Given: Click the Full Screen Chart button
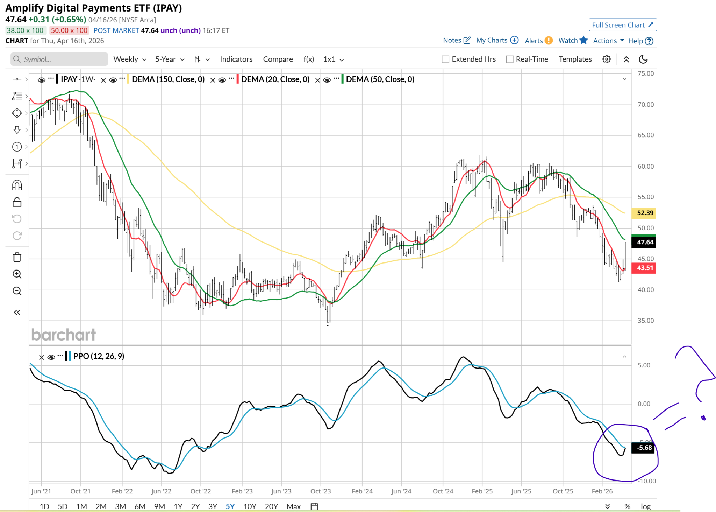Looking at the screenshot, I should tap(622, 25).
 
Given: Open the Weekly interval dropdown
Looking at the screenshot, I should tap(129, 59).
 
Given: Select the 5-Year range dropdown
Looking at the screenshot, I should tap(170, 59).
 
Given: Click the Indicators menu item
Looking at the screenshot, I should tap(236, 59).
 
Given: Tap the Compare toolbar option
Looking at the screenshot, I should tap(278, 59).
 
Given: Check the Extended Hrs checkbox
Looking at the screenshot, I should tap(445, 59).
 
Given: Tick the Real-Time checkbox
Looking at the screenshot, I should tap(510, 59).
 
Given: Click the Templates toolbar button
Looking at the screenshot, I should tap(575, 59).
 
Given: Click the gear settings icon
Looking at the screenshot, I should tap(607, 59).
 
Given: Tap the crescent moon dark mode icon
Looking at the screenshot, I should tap(643, 59).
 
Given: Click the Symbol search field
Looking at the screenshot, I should tap(59, 59).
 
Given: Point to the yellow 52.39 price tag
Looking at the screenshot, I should tap(644, 213).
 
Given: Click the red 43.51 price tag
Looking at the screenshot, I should tap(644, 268).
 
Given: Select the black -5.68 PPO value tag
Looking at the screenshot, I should tap(644, 448).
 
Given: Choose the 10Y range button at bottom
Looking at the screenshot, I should tap(250, 506).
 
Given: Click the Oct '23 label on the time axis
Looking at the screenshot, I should tap(321, 491).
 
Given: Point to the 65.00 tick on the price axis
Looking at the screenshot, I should tap(645, 135).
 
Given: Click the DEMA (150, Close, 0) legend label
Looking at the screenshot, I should tap(168, 79).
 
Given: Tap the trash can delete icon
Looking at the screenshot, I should tap(17, 257).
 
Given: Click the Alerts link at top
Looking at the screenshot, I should tap(534, 41).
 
